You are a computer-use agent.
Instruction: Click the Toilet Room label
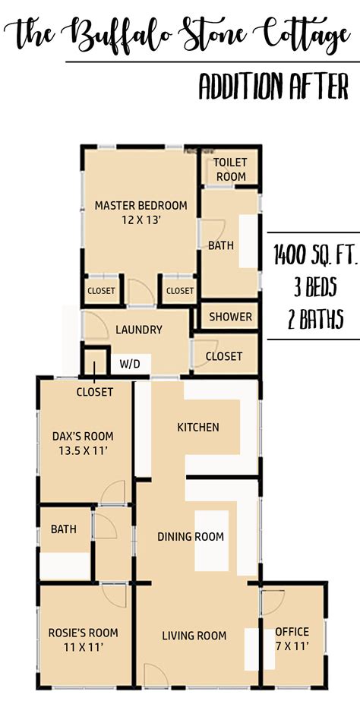point(231,169)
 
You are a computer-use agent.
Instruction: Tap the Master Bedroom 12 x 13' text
point(141,212)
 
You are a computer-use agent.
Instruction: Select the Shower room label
point(231,317)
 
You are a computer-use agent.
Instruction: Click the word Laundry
point(139,330)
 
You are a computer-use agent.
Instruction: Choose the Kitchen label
point(198,428)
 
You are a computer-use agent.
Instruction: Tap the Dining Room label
point(191,536)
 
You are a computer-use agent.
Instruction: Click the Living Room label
point(194,636)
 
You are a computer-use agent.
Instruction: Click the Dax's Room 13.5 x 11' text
point(83,444)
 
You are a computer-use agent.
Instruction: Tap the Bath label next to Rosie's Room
point(64,529)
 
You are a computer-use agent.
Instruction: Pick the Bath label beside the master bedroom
point(221,245)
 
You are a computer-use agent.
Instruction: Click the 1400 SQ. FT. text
point(315,256)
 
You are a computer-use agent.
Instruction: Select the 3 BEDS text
point(316,287)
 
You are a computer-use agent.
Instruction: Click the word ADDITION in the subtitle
point(241,87)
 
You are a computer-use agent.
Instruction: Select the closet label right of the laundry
point(224,356)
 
